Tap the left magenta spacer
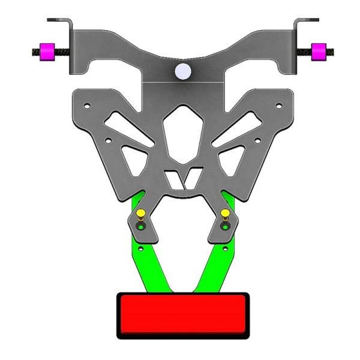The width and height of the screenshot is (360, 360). (46, 52)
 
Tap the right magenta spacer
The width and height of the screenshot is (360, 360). (319, 52)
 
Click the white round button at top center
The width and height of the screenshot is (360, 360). (182, 72)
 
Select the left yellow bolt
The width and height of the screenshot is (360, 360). (139, 214)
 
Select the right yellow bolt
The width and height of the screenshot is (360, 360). (226, 214)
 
